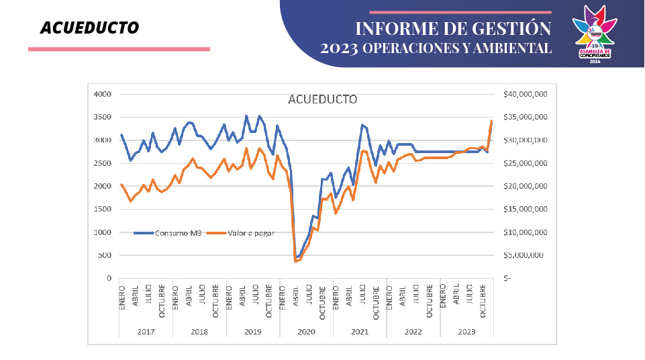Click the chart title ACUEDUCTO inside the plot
[322, 99]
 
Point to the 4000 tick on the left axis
[102, 94]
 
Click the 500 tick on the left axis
[105, 255]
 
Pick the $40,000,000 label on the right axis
[526, 94]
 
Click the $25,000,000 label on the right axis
[526, 163]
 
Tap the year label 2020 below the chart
[306, 332]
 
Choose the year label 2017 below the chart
[146, 332]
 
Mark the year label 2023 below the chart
[466, 332]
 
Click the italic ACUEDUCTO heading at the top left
[89, 28]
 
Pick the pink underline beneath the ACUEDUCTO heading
[119, 49]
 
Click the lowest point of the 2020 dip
[295, 260]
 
